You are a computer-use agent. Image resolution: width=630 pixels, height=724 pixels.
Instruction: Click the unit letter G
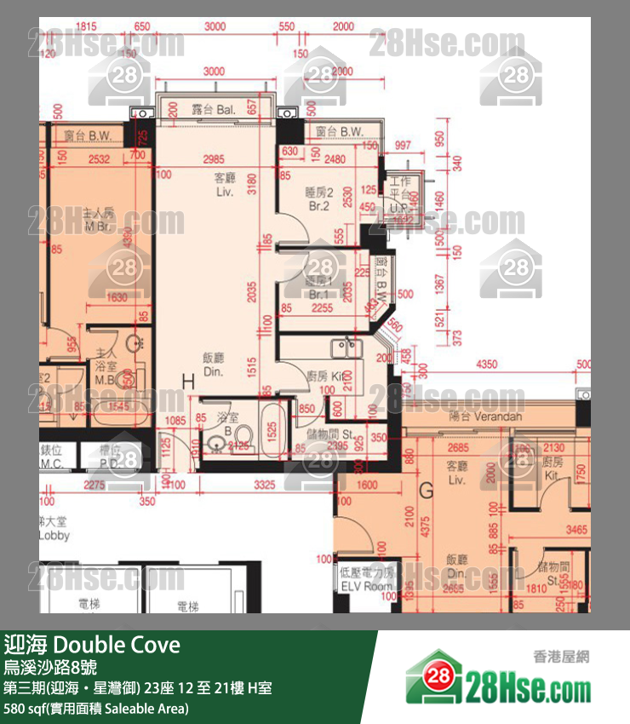point(427,491)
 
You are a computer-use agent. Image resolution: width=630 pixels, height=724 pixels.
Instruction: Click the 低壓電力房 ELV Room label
point(366,580)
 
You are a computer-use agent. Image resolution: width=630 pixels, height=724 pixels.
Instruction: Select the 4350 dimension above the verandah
point(486,365)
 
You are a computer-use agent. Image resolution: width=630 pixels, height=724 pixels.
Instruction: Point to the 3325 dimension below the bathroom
point(265,486)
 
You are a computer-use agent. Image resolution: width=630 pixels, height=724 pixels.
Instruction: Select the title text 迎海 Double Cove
point(92,645)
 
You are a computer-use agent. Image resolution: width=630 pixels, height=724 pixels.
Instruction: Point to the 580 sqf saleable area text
point(95,708)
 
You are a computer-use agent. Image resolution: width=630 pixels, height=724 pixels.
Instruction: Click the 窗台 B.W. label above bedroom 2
point(339,132)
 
